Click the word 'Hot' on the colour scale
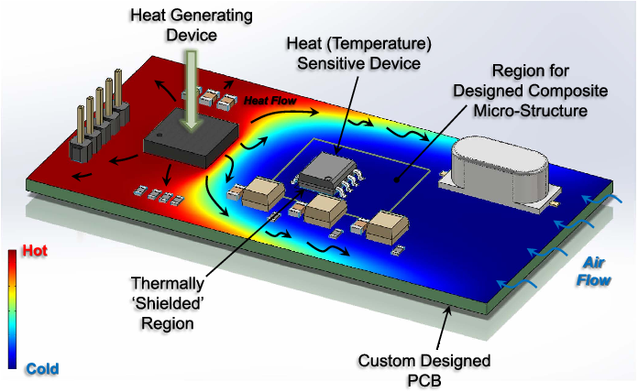(x=35, y=250)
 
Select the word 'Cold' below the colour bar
(x=42, y=369)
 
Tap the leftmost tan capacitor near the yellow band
(x=252, y=190)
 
